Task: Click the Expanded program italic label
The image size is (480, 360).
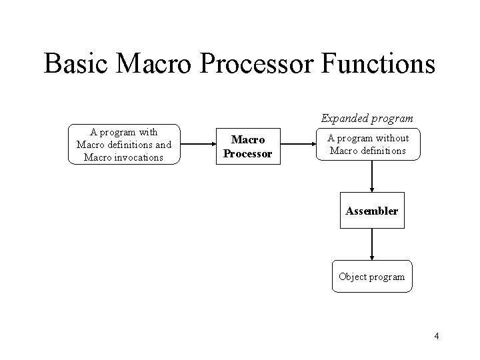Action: [367, 118]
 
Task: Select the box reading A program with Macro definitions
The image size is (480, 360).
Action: [124, 144]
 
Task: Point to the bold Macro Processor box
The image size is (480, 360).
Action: [248, 147]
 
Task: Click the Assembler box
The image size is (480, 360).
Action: [371, 211]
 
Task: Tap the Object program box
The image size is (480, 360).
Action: [371, 277]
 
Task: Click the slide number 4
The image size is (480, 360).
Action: [436, 336]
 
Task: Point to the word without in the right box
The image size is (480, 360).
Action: [390, 138]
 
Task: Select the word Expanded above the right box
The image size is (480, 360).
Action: [343, 118]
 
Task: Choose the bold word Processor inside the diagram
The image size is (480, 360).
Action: [248, 153]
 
